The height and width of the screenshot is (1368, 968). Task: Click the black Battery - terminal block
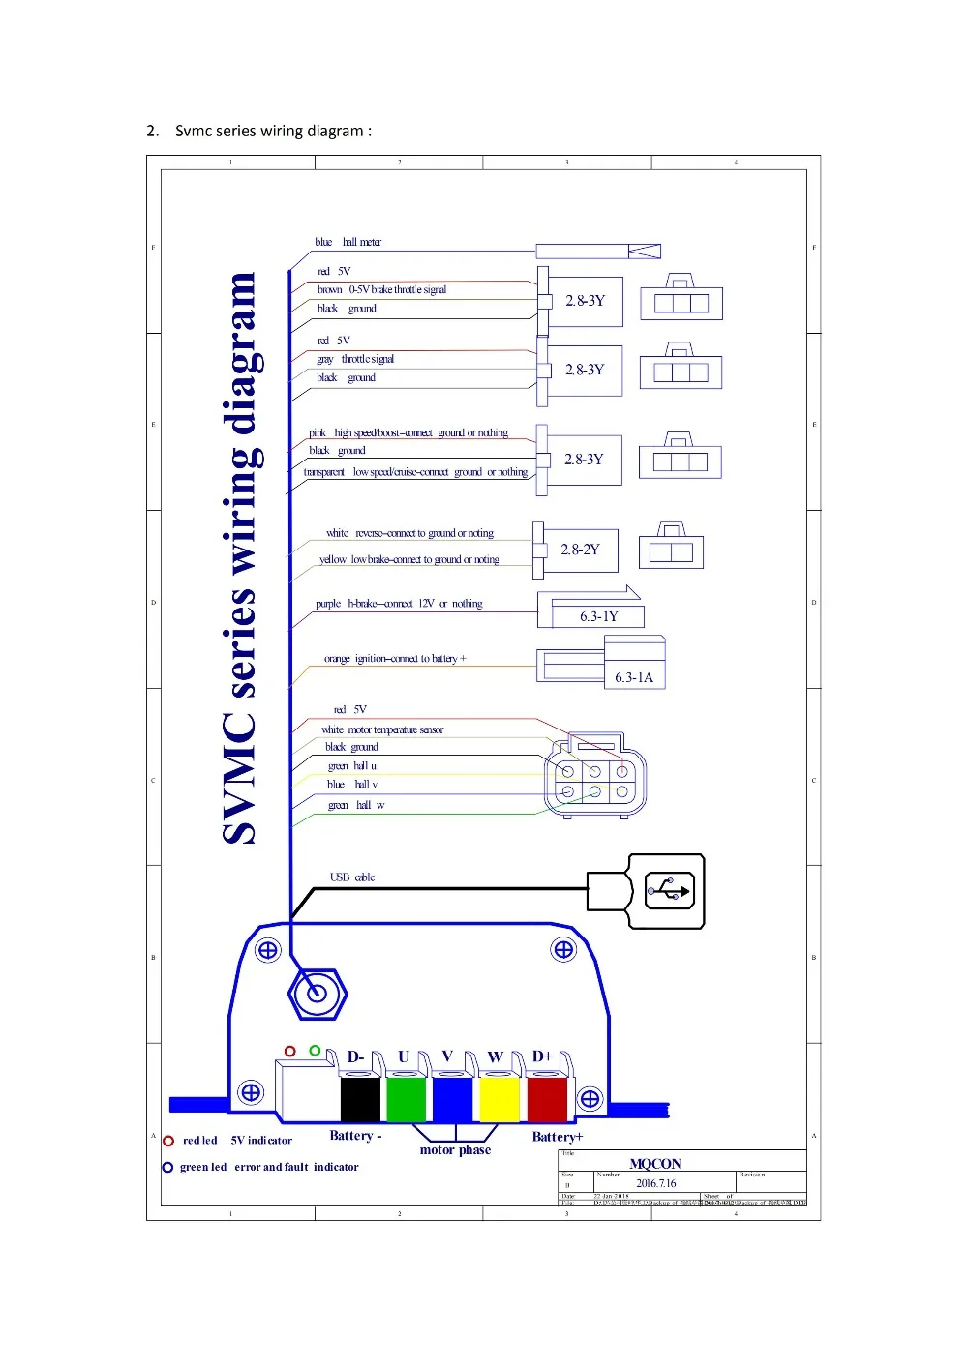pos(360,1100)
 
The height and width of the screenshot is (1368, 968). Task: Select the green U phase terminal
pos(407,1100)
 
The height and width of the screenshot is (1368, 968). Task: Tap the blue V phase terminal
pos(452,1100)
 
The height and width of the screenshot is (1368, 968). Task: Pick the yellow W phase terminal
pos(499,1100)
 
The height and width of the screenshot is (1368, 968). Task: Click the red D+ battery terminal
pos(546,1100)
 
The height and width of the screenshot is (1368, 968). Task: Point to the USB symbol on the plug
pos(670,890)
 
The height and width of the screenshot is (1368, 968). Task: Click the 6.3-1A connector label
pos(634,677)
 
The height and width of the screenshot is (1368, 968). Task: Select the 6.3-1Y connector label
pos(598,616)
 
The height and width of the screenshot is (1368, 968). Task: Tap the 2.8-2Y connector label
pos(580,550)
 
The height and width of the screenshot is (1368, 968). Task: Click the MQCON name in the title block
pos(655,1164)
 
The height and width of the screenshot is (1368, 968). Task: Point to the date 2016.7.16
pos(655,1183)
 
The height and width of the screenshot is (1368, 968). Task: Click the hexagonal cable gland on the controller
pos(317,993)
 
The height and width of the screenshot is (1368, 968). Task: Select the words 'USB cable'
pos(352,877)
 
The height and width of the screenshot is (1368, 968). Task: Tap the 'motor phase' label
pos(455,1150)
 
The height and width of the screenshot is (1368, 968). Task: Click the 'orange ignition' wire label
pos(395,659)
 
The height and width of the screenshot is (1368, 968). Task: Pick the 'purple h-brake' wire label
pos(399,604)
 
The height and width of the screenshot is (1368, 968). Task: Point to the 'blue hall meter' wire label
pos(348,242)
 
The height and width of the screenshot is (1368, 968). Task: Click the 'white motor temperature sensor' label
pos(382,729)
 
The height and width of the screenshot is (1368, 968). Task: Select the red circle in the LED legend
pos(168,1141)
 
